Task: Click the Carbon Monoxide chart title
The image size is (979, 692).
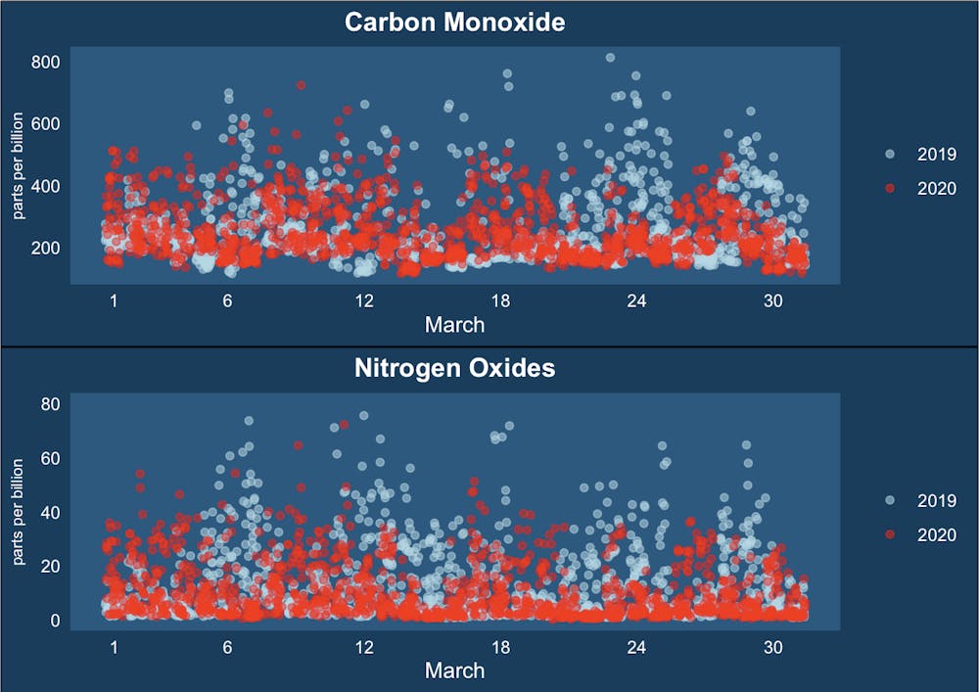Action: click(454, 22)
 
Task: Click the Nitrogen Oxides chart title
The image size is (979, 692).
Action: click(454, 368)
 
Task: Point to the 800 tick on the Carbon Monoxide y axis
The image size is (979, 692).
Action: click(46, 62)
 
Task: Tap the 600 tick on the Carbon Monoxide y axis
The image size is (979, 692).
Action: click(46, 123)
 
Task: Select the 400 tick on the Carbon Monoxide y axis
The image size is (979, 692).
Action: click(46, 186)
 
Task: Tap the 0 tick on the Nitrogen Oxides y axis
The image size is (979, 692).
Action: click(56, 620)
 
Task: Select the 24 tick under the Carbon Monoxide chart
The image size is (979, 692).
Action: click(636, 301)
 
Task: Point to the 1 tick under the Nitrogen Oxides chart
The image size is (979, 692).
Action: click(115, 647)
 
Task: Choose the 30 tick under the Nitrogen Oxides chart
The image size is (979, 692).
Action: click(773, 647)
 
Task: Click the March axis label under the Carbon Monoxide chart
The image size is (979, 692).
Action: click(454, 323)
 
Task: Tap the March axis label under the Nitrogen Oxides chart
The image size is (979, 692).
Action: click(454, 669)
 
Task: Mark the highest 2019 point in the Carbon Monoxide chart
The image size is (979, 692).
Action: click(610, 58)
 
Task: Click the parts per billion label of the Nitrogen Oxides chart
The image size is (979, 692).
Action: click(18, 508)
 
